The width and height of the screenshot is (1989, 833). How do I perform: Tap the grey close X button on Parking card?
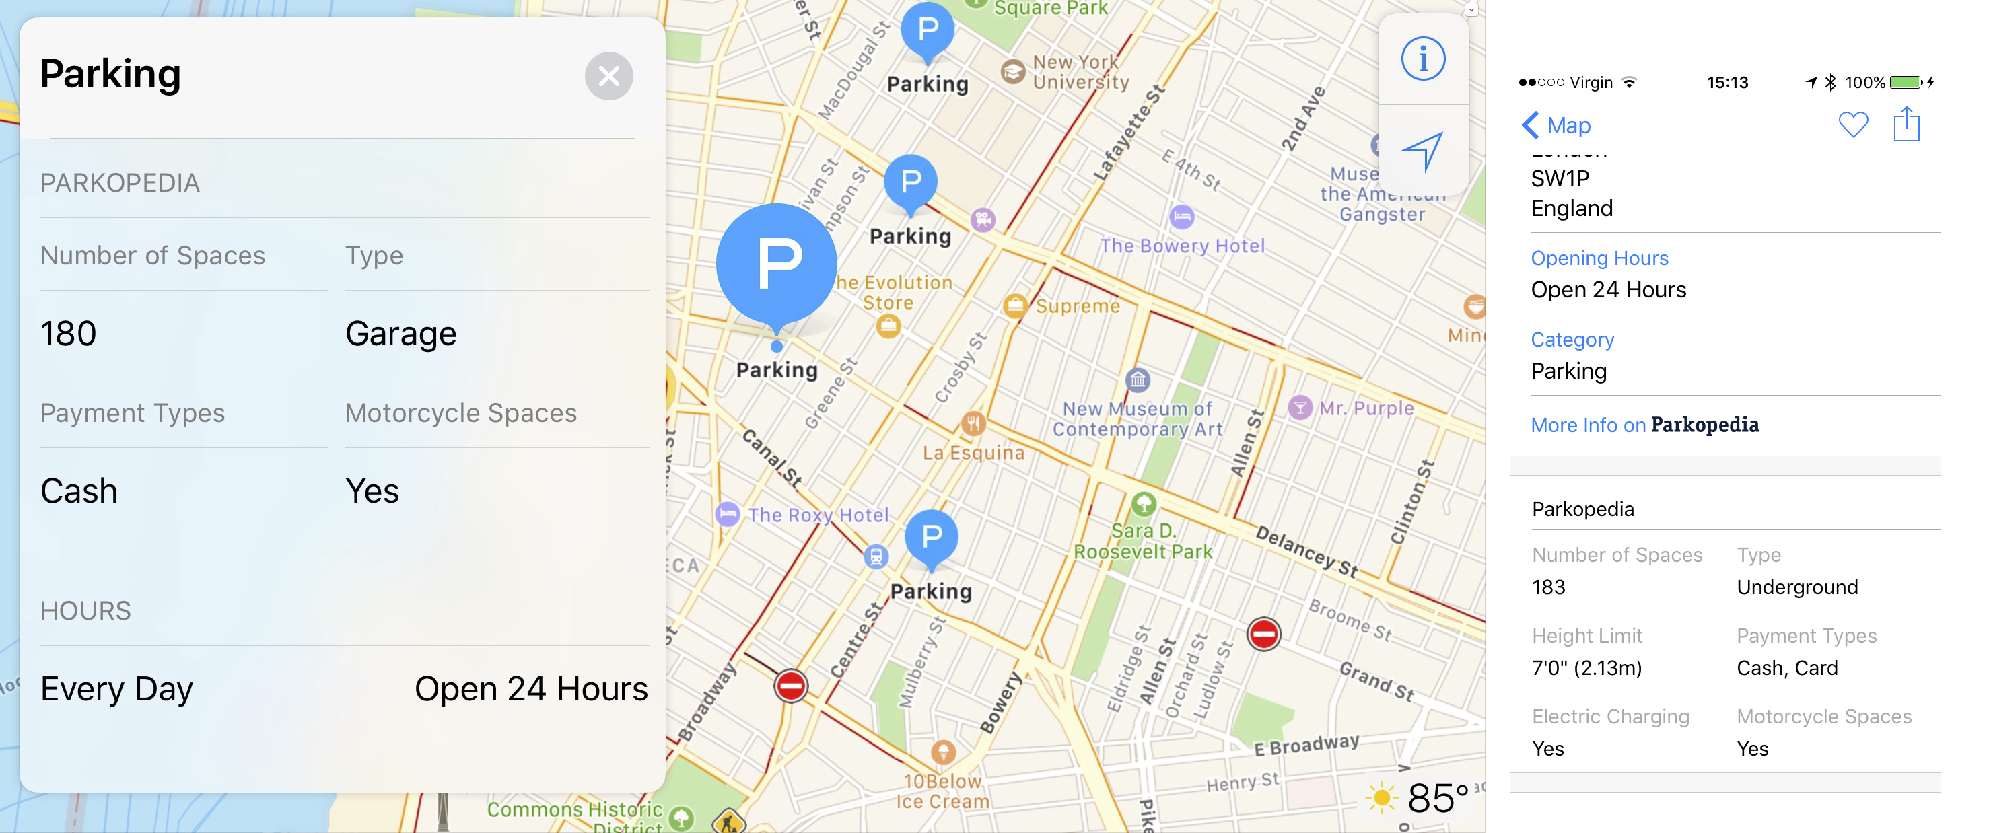pos(608,77)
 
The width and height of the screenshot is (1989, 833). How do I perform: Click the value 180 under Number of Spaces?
pos(68,334)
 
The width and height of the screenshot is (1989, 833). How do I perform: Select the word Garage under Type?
pos(400,334)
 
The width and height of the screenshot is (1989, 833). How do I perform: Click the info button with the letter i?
pos(1422,59)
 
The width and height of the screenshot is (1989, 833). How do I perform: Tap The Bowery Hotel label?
pos(1182,246)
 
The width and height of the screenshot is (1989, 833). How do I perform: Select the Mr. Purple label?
pos(1366,408)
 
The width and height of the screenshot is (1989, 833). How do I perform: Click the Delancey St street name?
pos(1306,551)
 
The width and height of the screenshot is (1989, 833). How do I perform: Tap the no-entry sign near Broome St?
pos(1263,635)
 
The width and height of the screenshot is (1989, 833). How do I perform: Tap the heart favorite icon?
pos(1852,124)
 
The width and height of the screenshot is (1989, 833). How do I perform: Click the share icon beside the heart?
pos(1906,124)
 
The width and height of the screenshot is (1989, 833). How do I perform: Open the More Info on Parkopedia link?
pos(1644,425)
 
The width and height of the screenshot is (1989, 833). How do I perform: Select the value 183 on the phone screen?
pos(1548,587)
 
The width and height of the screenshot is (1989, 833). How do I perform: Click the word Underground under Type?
pos(1796,587)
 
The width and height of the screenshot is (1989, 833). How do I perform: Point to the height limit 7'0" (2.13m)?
pos(1586,667)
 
